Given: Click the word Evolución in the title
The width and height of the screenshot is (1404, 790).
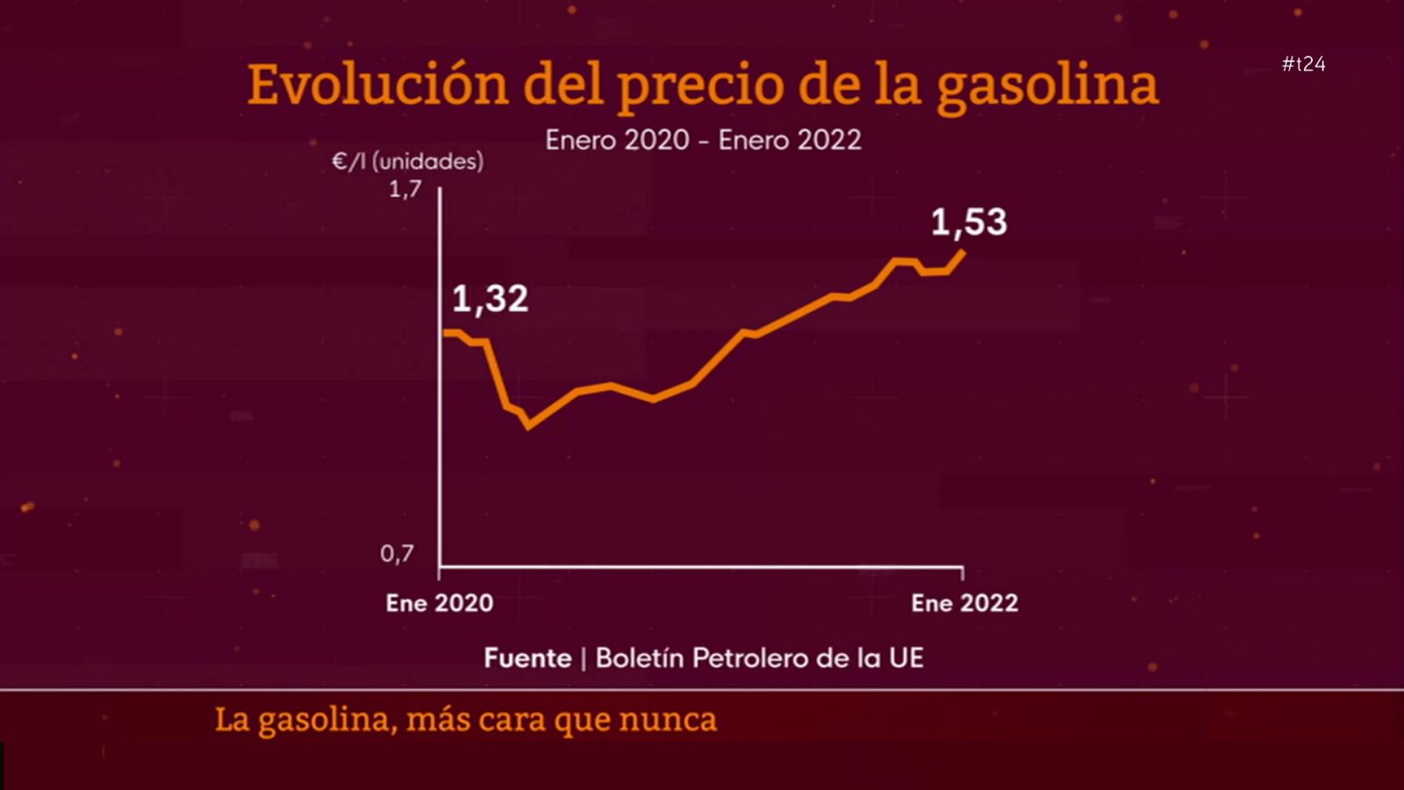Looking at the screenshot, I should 377,85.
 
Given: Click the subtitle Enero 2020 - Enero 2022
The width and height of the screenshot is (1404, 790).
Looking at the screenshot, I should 703,140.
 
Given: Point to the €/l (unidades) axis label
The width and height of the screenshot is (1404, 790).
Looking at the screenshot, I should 408,162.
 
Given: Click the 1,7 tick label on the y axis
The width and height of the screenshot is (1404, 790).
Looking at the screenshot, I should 405,189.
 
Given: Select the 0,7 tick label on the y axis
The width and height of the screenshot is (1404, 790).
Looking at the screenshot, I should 397,554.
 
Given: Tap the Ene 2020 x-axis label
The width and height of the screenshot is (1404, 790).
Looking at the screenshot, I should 440,603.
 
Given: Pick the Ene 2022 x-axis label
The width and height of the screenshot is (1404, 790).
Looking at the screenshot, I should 964,603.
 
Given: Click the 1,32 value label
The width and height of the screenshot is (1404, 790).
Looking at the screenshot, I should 490,299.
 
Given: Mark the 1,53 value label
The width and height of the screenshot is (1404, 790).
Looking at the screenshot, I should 969,222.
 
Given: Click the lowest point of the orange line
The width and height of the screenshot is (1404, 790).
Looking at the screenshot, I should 528,427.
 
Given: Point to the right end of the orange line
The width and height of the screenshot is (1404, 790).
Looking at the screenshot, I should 963,253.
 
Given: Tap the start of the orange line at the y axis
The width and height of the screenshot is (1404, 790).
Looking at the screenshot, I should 445,333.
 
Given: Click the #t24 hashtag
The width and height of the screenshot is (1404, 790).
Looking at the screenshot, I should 1303,64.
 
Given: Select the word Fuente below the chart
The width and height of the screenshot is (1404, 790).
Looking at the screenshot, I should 527,658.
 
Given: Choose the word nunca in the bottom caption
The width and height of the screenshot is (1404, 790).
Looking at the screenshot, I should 668,720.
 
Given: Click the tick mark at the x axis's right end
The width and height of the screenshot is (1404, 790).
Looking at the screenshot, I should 963,572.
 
